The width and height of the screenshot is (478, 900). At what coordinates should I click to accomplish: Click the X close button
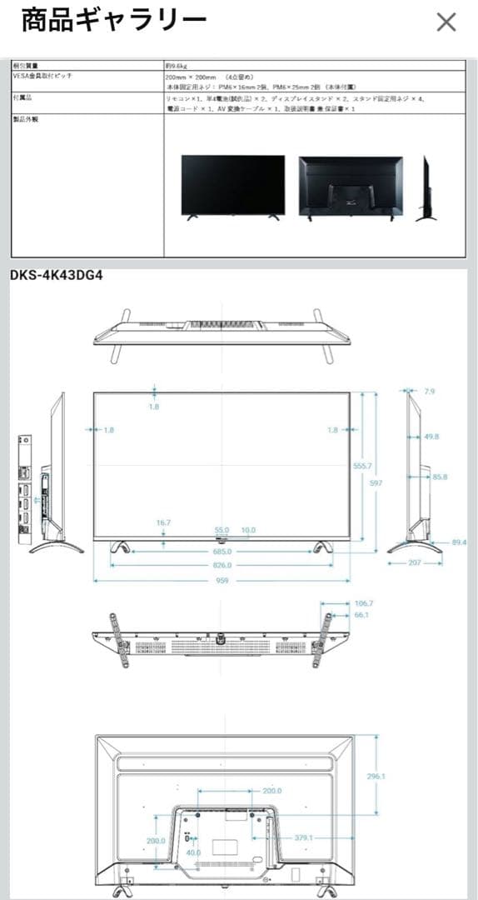(x=446, y=22)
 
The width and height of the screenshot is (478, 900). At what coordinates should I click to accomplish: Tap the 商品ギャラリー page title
(x=113, y=21)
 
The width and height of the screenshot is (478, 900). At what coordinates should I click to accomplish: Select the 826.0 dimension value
(x=222, y=565)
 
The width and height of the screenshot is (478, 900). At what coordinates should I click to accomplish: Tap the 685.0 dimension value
(x=222, y=551)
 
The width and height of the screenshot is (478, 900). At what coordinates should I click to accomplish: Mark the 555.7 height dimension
(x=362, y=466)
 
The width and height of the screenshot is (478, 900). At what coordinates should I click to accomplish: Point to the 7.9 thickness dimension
(x=429, y=391)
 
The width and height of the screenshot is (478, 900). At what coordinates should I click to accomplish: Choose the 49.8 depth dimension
(x=431, y=436)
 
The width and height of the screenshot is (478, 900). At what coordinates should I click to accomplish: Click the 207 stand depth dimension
(x=414, y=562)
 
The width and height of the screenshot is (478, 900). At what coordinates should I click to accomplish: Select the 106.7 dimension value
(x=363, y=602)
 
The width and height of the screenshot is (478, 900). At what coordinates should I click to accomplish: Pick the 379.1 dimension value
(x=303, y=837)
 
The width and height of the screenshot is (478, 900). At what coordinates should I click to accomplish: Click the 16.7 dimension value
(x=163, y=522)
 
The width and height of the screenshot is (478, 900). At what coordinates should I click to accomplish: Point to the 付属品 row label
(x=23, y=97)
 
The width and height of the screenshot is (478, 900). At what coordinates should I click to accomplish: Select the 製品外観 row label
(x=26, y=119)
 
